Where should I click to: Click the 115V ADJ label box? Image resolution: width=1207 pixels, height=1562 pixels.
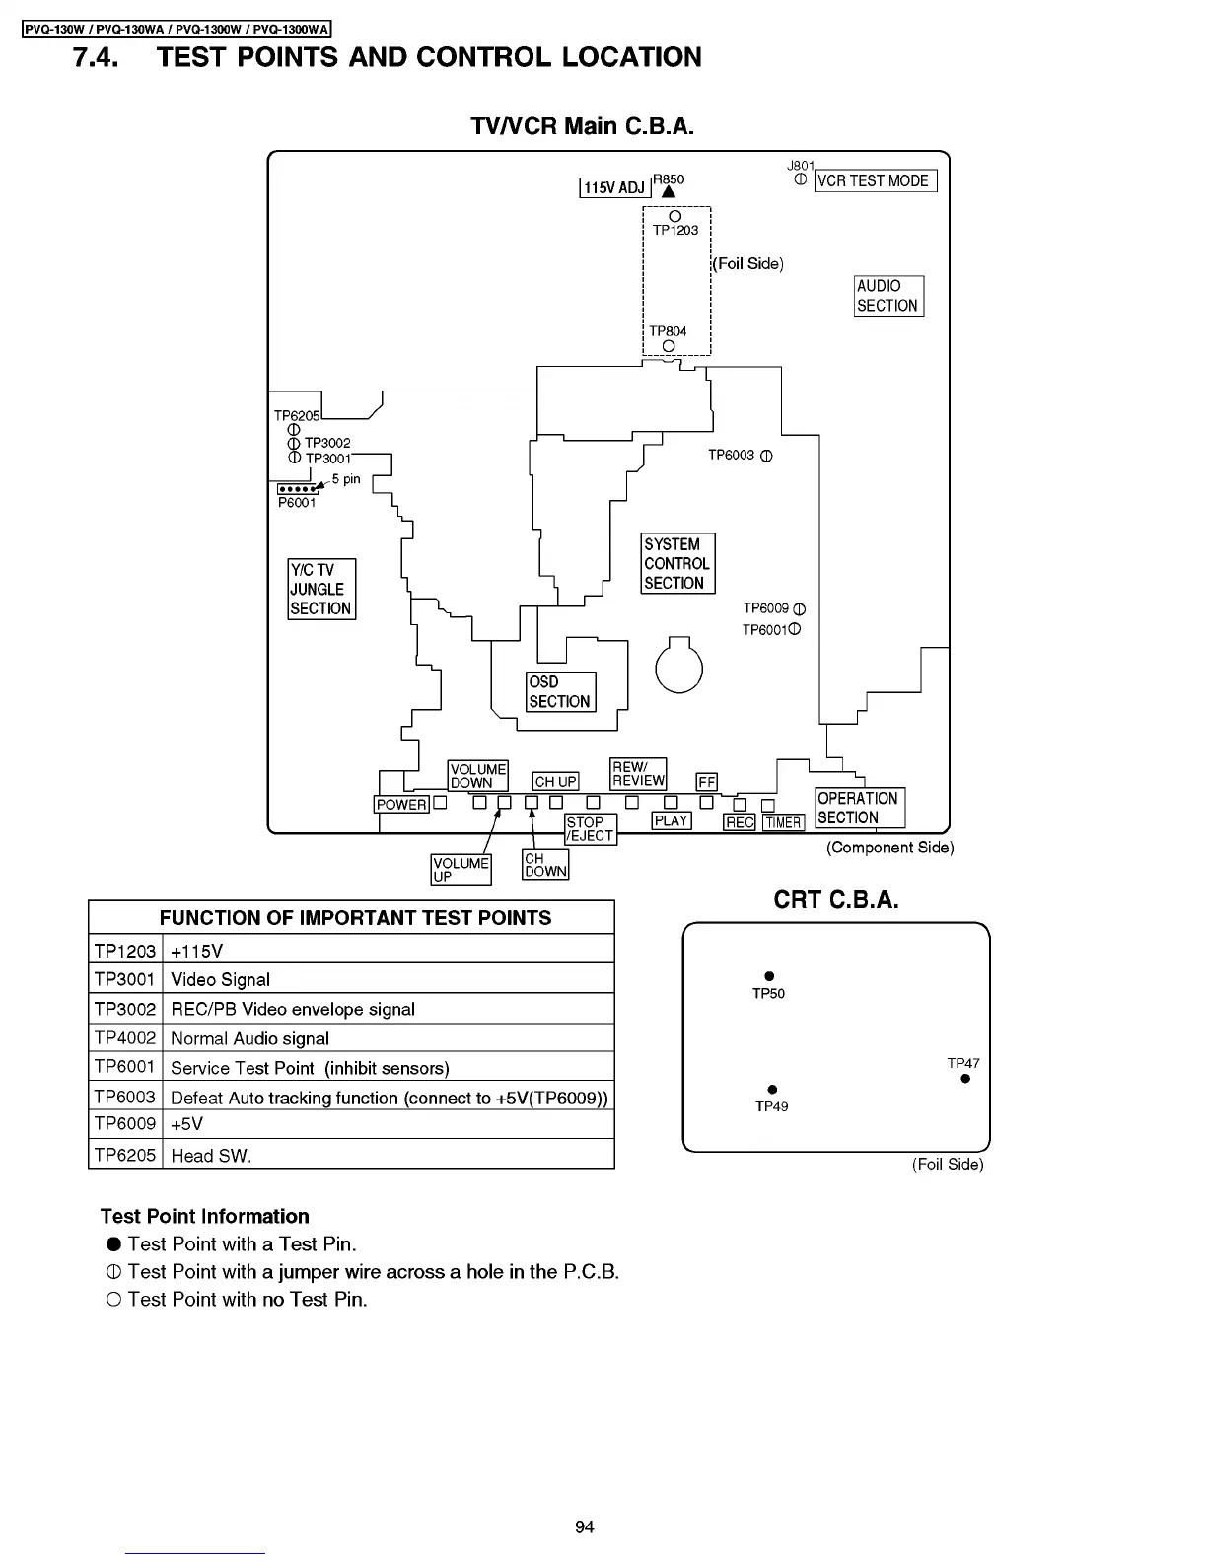click(x=613, y=187)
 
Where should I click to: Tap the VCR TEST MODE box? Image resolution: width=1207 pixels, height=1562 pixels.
click(x=874, y=180)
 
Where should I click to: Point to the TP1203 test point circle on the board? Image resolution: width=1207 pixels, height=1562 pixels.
click(x=674, y=216)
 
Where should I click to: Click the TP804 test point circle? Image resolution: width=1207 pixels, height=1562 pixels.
click(x=669, y=345)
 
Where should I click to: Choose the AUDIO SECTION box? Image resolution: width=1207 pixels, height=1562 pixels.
click(x=887, y=296)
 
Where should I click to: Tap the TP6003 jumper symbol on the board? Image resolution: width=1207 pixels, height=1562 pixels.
click(x=767, y=456)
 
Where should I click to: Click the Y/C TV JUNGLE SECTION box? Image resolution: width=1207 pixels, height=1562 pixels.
click(x=320, y=589)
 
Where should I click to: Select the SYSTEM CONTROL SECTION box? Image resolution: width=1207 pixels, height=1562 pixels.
click(x=676, y=563)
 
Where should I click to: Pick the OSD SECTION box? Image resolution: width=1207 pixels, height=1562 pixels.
click(x=560, y=691)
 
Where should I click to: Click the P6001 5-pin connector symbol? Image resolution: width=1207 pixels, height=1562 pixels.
click(x=298, y=489)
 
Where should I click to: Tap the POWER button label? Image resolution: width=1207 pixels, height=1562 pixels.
click(x=401, y=804)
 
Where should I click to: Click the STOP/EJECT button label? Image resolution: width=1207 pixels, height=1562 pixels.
click(x=590, y=828)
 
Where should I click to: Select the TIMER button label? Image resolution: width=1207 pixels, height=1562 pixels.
click(x=783, y=822)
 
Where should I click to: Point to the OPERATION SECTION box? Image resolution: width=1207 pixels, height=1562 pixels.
click(x=859, y=808)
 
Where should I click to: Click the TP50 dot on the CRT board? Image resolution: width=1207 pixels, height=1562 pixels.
click(x=769, y=977)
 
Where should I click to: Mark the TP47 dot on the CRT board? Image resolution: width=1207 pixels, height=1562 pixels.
click(x=965, y=1079)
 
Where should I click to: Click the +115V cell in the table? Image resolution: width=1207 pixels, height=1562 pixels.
click(x=389, y=951)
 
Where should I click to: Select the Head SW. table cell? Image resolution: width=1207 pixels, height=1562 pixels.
click(x=389, y=1155)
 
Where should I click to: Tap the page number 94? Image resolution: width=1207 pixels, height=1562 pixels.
click(x=585, y=1527)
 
